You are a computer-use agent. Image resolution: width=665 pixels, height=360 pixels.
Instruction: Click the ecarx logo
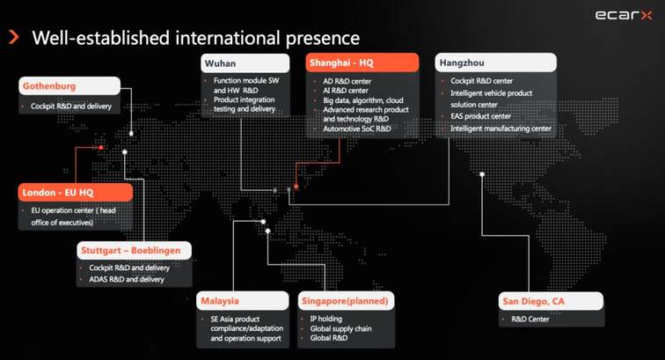(x=624, y=15)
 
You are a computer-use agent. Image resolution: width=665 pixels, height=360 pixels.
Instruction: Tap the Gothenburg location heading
(x=69, y=85)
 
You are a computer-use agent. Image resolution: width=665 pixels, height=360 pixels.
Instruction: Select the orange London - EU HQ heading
(x=76, y=192)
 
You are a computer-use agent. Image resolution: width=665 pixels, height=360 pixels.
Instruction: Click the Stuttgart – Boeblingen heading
(x=134, y=251)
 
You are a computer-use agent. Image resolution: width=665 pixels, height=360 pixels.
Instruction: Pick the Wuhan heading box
(x=245, y=63)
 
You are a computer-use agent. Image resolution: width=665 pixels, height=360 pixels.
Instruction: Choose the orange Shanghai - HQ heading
(x=362, y=62)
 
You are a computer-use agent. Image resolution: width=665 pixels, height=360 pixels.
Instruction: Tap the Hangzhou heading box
(x=496, y=62)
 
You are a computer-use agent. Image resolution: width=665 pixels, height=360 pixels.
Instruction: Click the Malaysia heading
(x=243, y=300)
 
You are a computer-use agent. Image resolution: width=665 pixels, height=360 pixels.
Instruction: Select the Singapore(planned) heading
(x=346, y=300)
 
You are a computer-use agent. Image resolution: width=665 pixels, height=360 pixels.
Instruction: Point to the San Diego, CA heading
(x=551, y=301)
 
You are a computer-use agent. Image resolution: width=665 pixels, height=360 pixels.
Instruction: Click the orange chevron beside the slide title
(x=14, y=37)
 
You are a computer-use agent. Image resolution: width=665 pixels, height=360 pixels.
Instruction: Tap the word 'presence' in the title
(x=322, y=38)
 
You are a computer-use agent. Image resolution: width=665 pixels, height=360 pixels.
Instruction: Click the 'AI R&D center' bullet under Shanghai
(x=346, y=91)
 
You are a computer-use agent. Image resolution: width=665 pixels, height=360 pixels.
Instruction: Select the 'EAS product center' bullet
(x=480, y=116)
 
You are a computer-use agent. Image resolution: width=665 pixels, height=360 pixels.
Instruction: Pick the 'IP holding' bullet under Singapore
(x=325, y=319)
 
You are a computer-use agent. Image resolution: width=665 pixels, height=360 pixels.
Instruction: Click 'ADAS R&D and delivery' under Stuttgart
(x=127, y=279)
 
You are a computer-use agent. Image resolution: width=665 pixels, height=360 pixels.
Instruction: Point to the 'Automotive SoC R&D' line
(x=357, y=129)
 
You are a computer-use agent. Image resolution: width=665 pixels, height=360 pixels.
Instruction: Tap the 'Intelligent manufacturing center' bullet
(x=501, y=129)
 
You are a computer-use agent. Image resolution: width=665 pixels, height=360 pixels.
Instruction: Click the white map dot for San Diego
(x=482, y=174)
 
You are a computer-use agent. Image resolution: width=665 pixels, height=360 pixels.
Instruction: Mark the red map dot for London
(x=101, y=148)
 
